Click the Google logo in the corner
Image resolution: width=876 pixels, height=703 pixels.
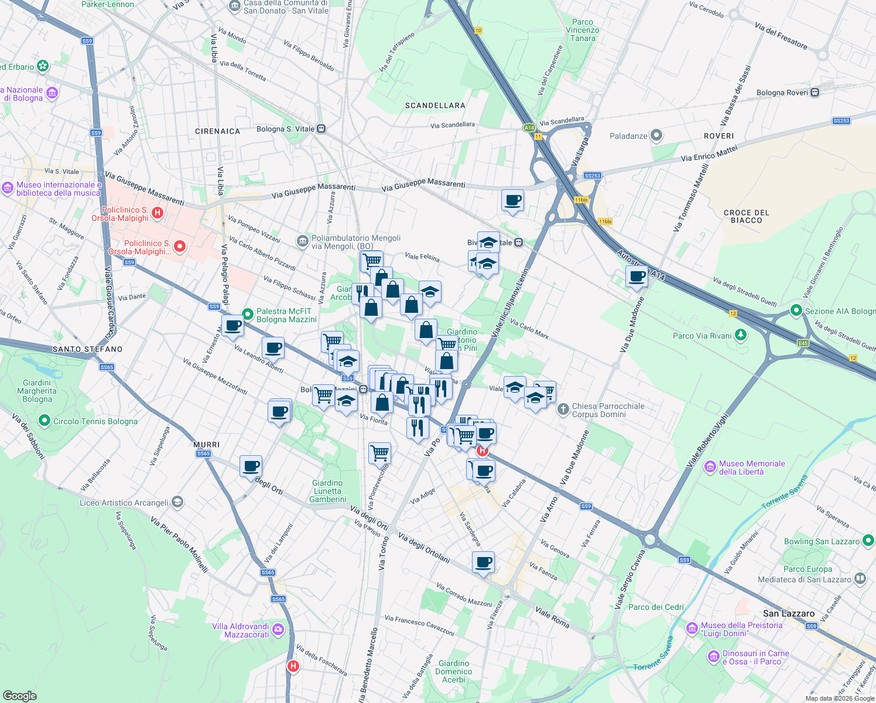(19, 695)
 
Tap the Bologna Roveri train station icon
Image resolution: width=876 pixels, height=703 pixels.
(815, 93)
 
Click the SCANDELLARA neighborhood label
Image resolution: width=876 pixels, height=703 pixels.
(435, 105)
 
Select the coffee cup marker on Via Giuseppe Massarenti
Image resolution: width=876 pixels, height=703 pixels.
(513, 200)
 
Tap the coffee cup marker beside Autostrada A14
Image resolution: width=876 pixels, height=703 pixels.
(637, 276)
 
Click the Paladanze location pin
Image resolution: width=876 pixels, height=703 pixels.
(656, 136)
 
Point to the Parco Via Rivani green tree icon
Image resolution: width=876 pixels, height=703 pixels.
(741, 335)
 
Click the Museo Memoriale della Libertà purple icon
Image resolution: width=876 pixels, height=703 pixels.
(710, 467)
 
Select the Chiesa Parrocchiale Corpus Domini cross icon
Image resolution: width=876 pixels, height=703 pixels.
(563, 409)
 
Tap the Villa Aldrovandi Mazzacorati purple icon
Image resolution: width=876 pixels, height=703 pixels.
(278, 630)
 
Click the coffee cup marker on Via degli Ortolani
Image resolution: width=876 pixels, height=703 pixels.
(483, 562)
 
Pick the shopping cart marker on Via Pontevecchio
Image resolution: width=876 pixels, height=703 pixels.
(379, 452)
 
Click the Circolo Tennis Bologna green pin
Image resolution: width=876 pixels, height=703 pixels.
(44, 421)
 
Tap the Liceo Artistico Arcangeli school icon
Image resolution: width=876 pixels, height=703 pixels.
(177, 502)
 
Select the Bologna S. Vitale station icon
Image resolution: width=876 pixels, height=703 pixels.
(321, 129)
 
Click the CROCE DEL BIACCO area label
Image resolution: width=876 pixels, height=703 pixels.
(746, 216)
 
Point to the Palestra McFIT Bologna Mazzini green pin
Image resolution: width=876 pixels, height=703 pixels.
(248, 315)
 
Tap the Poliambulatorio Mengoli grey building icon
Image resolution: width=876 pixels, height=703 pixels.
(302, 241)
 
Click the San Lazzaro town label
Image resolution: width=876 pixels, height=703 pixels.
(788, 613)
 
